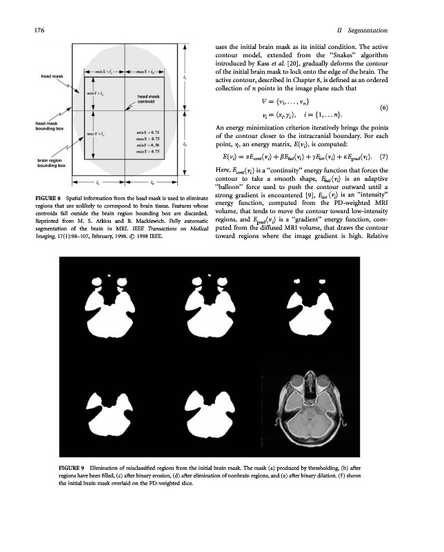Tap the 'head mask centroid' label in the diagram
pyautogui.click(x=150, y=99)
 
